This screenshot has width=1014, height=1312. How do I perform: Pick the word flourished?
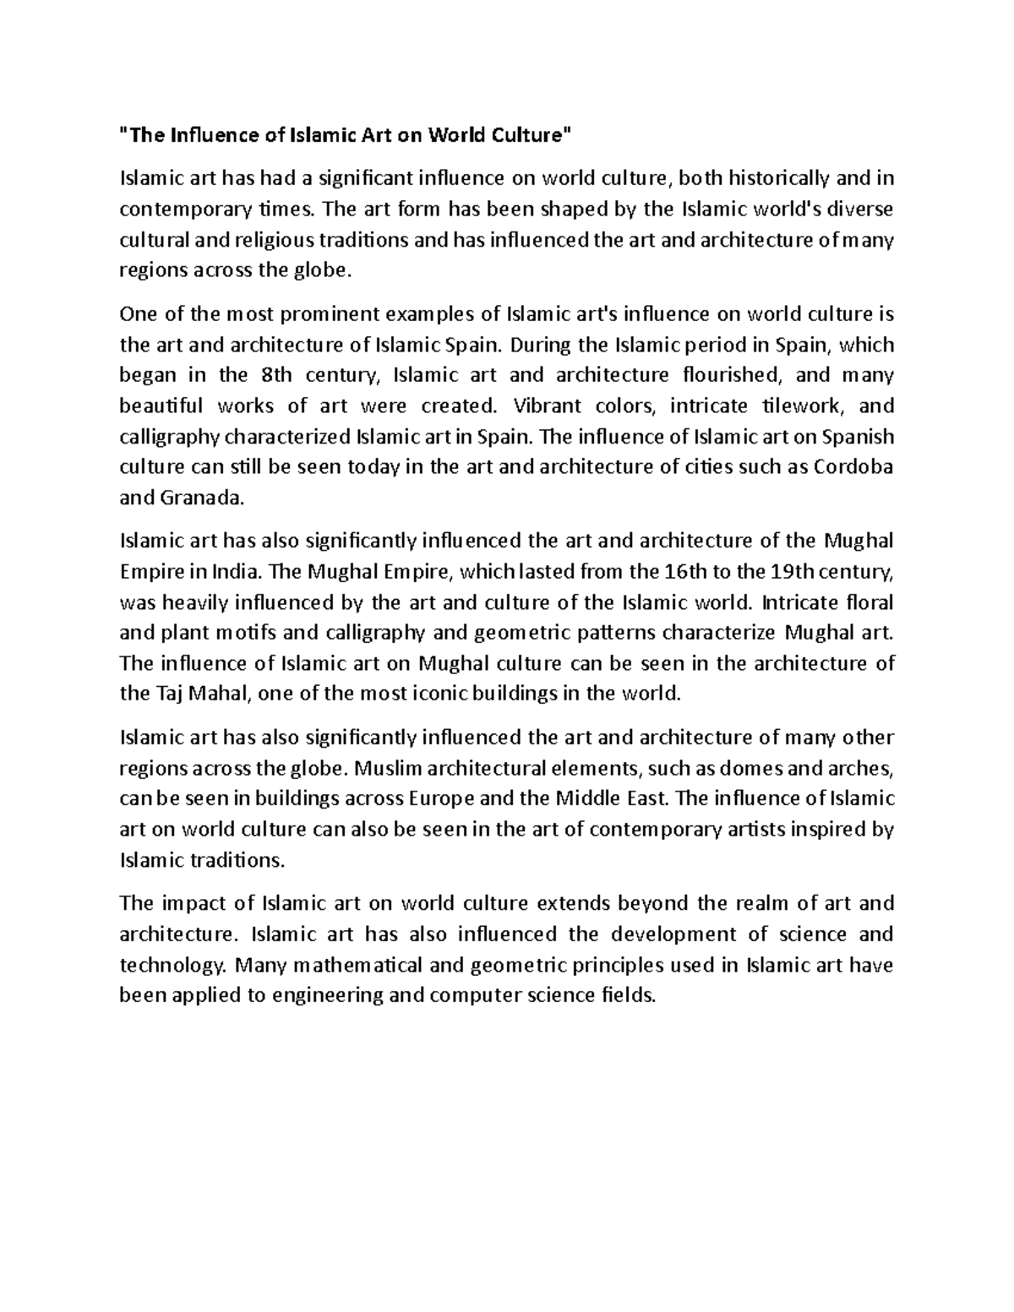pyautogui.click(x=721, y=375)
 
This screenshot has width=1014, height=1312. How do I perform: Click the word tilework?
pyautogui.click(x=801, y=406)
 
